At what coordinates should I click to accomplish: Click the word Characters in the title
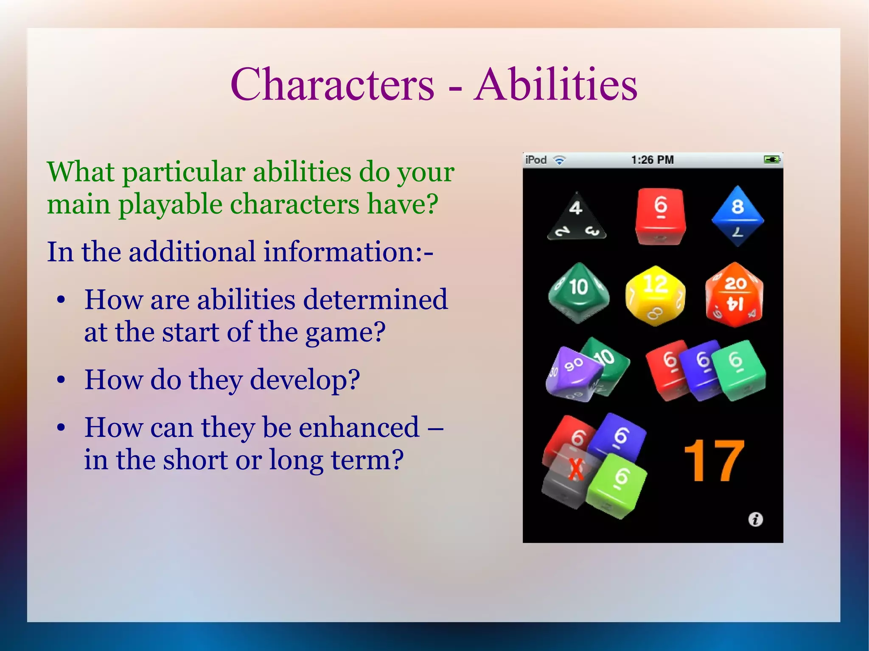coord(332,84)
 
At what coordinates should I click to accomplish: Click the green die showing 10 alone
coord(578,292)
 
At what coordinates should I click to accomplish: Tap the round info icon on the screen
coord(755,519)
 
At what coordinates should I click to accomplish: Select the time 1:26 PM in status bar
coord(652,160)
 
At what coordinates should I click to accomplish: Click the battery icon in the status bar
coord(771,160)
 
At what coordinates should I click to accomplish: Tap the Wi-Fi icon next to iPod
coord(560,160)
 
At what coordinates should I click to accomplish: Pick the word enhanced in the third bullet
coord(359,427)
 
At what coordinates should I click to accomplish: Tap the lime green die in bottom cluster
coord(617,485)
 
